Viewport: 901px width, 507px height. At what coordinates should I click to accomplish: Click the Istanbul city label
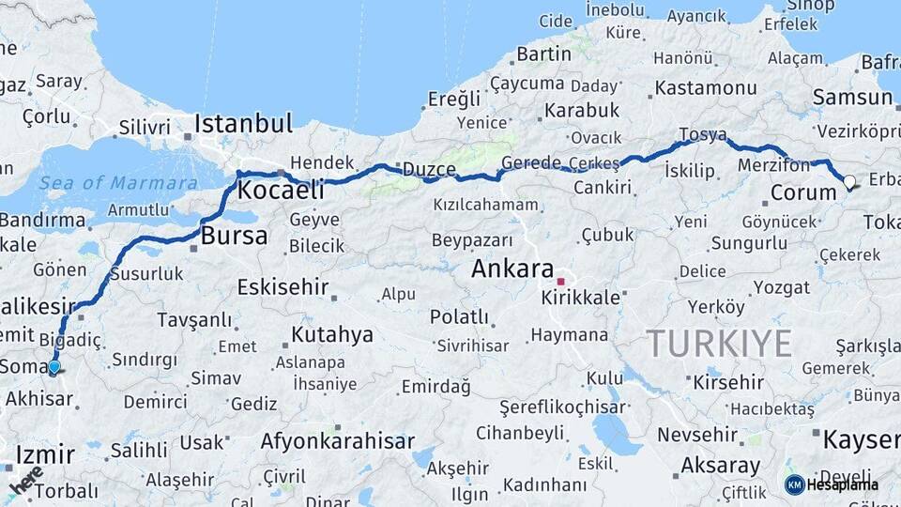pos(244,124)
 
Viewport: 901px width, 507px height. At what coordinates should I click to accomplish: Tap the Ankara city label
pos(512,269)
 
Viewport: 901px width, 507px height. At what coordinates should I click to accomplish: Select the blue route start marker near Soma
pos(54,367)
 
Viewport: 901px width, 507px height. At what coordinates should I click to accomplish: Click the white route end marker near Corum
pos(849,182)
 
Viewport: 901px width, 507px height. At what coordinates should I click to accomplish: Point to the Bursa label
pos(235,236)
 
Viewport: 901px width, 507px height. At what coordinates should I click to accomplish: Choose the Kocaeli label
pos(281,191)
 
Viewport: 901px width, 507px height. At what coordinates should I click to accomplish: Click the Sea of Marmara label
pos(118,182)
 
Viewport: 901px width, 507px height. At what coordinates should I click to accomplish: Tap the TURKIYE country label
pos(719,344)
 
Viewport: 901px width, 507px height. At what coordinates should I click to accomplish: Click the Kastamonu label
pos(706,88)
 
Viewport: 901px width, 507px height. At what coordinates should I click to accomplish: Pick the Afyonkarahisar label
pos(337,440)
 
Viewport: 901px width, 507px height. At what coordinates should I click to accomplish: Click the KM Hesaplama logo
pos(832,484)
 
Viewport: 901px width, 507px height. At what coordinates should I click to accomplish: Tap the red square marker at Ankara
pos(561,281)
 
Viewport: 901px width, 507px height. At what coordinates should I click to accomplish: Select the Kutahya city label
pos(331,334)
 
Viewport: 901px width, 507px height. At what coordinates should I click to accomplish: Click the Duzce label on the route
pos(429,170)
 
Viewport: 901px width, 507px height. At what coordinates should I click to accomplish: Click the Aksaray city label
pos(720,465)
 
